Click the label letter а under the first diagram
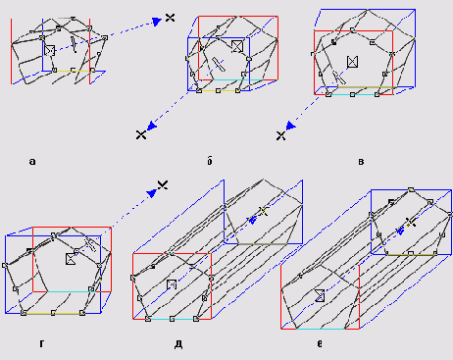pos(32,161)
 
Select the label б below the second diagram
pos(210,161)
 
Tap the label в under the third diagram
pos(361,162)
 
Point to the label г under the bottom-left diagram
pos(41,343)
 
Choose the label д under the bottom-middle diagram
pos(178,344)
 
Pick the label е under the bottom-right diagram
pos(320,343)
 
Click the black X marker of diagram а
pos(170,18)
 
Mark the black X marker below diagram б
pos(141,134)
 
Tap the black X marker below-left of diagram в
pos(280,135)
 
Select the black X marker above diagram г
pos(163,185)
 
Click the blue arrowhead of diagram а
pos(157,22)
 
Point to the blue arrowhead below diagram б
pos(152,126)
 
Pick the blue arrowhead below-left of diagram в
pos(290,126)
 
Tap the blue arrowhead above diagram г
pos(152,193)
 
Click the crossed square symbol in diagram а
pos(49,50)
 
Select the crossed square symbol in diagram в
pos(352,62)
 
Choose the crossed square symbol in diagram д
pos(172,284)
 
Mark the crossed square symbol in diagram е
pos(320,295)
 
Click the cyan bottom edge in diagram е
pos(321,329)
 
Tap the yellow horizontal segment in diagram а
pos(74,71)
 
